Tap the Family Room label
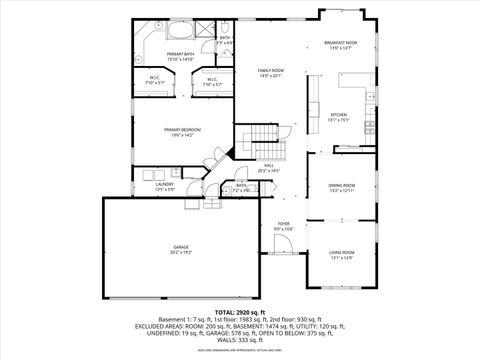(271, 70)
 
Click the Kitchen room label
(340, 114)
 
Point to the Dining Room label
(342, 186)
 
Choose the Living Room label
(342, 253)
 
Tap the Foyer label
(284, 224)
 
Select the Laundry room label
(165, 184)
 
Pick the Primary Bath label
(181, 54)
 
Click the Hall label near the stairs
(269, 166)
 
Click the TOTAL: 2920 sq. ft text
(240, 313)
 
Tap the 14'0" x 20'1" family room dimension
(271, 76)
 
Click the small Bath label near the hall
(241, 185)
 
